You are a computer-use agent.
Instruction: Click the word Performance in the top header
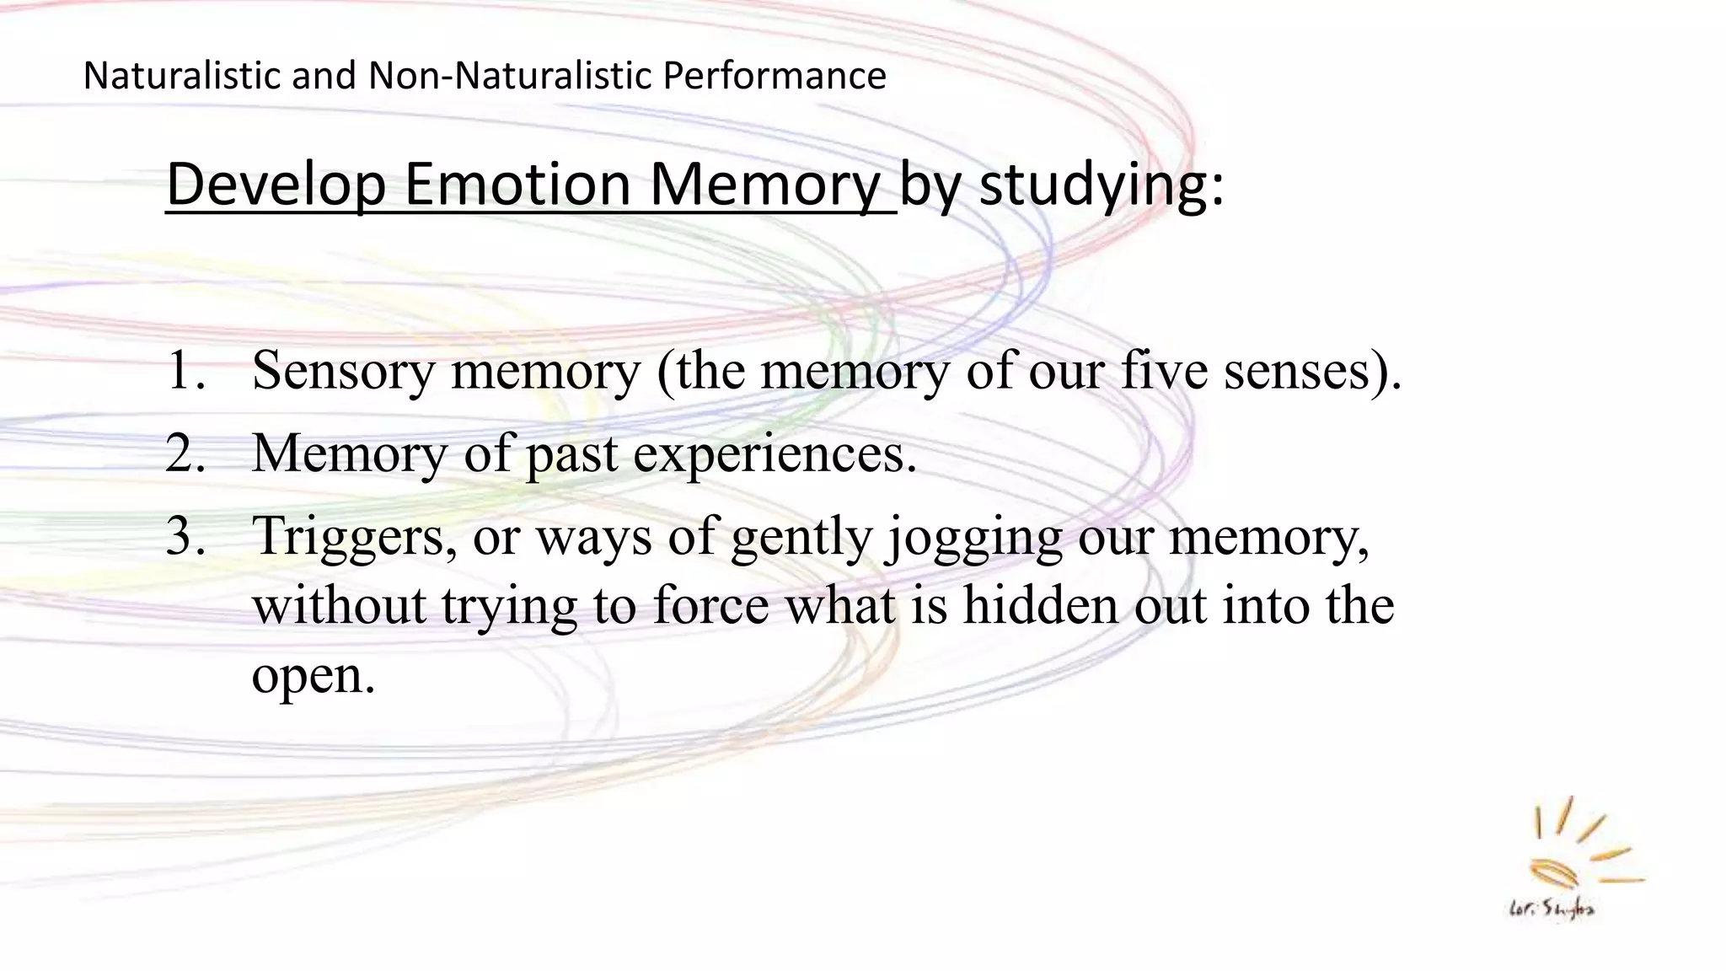pyautogui.click(x=774, y=76)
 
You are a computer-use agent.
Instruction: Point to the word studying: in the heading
pyautogui.click(x=1102, y=185)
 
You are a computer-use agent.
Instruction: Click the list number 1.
pyautogui.click(x=185, y=371)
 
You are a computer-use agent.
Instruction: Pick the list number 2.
pyautogui.click(x=185, y=453)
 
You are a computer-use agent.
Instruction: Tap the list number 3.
pyautogui.click(x=185, y=536)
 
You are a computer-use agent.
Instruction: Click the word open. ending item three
pyautogui.click(x=314, y=676)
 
